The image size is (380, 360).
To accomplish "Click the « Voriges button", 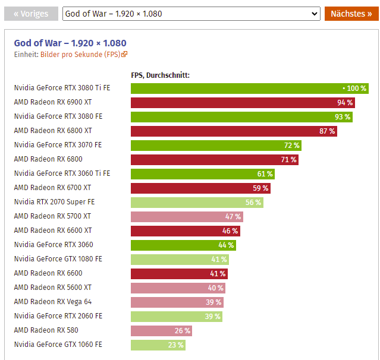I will click(x=32, y=14).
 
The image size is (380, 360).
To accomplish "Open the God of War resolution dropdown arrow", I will click(x=315, y=14).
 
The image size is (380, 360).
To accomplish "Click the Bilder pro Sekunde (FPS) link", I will click(x=84, y=55).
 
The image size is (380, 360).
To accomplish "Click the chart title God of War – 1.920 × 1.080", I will click(x=70, y=43).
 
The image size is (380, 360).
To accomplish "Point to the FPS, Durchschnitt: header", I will click(x=160, y=75).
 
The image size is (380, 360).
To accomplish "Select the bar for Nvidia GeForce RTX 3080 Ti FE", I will click(x=249, y=88).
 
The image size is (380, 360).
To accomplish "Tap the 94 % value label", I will click(x=345, y=102).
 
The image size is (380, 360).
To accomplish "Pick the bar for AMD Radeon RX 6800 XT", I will click(x=234, y=131).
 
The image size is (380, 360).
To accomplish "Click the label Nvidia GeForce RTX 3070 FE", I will click(x=58, y=145).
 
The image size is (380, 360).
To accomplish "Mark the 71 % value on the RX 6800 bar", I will click(x=288, y=159).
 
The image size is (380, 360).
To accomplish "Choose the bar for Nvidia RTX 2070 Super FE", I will click(x=197, y=202).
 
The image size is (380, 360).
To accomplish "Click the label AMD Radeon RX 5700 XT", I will click(x=53, y=216).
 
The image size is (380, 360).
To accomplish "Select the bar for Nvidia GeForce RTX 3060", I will click(x=183, y=245).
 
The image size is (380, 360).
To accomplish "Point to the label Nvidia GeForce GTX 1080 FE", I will click(x=58, y=259).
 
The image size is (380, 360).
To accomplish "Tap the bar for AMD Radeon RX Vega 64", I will click(x=177, y=302).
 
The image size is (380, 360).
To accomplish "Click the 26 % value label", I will click(x=183, y=330).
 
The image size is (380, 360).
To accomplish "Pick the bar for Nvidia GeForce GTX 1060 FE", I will click(x=158, y=345).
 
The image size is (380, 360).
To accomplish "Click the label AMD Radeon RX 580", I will click(x=46, y=330).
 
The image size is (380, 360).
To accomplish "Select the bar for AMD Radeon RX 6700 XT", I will click(x=200, y=188).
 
